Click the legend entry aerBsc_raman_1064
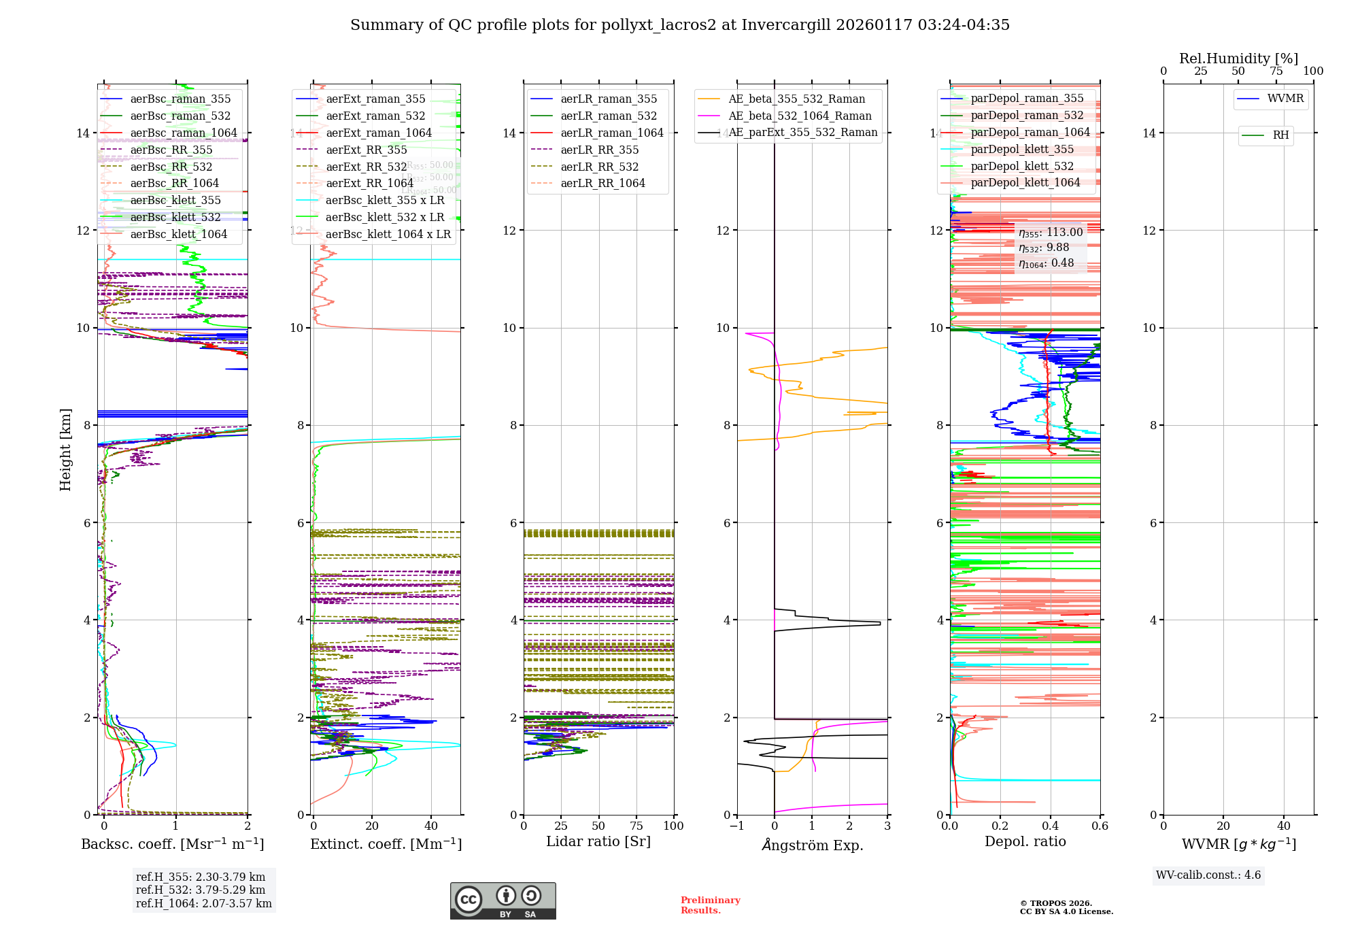[184, 133]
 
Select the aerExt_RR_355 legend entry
[367, 150]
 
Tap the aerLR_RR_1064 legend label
[602, 184]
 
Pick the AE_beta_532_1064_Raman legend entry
[800, 116]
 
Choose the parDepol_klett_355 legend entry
[1022, 150]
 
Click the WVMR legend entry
[1285, 99]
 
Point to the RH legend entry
[1280, 135]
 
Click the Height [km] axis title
[65, 450]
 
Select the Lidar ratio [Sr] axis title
[598, 842]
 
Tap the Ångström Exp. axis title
[813, 845]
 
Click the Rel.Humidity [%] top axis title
[1238, 58]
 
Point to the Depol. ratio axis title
[1025, 842]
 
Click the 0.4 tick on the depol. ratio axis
[1051, 826]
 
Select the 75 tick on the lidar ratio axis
[636, 826]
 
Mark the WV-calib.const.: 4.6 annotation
[1208, 875]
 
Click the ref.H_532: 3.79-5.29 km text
[201, 890]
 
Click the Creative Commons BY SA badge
[503, 901]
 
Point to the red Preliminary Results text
[710, 905]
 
